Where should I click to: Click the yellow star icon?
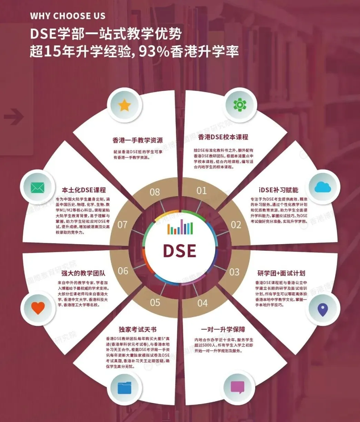tap(124, 105)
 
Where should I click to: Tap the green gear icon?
tap(240, 105)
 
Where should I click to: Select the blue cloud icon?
tap(323, 187)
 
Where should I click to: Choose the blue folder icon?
tap(124, 387)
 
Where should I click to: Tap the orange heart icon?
tap(38, 308)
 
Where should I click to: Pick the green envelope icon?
tap(37, 188)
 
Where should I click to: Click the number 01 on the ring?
tap(202, 191)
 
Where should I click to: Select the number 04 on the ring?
tap(202, 303)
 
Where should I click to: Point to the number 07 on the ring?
tap(122, 225)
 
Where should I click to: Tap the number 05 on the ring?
tap(155, 303)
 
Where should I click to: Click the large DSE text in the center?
tap(180, 251)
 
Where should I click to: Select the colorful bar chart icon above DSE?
tap(180, 227)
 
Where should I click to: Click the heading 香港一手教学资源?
tap(138, 140)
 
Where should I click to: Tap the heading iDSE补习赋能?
tap(279, 190)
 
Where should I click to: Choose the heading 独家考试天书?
tap(138, 330)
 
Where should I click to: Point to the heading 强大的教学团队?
tap(83, 273)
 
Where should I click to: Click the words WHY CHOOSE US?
tap(68, 16)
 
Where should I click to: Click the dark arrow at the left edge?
tap(14, 117)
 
